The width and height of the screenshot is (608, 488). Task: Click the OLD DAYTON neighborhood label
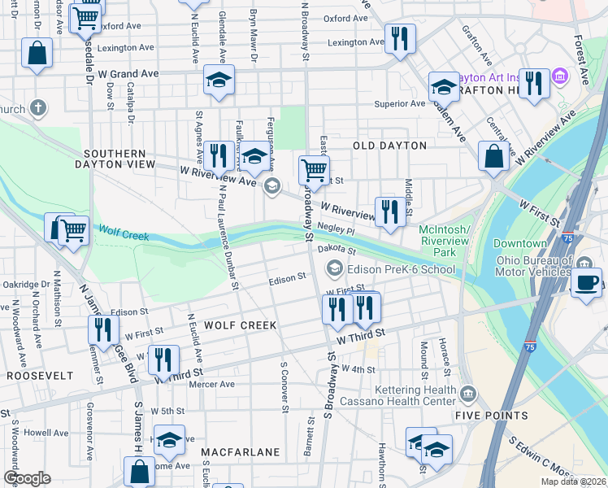pos(389,146)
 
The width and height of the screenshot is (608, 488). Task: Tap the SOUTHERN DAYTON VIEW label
pos(114,159)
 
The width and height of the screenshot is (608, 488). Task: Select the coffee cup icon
pos(585,281)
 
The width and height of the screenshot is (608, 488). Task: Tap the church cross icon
pos(37,107)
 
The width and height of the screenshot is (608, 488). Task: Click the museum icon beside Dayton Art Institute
pos(560,77)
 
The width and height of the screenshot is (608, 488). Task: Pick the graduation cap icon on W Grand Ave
pos(219,80)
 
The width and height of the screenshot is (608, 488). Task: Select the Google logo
pos(27,478)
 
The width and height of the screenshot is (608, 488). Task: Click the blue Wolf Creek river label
pos(124,236)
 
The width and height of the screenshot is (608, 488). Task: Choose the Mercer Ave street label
pos(212,384)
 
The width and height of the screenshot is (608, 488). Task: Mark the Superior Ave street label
pos(399,103)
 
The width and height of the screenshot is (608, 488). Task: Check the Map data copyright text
pos(573,481)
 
